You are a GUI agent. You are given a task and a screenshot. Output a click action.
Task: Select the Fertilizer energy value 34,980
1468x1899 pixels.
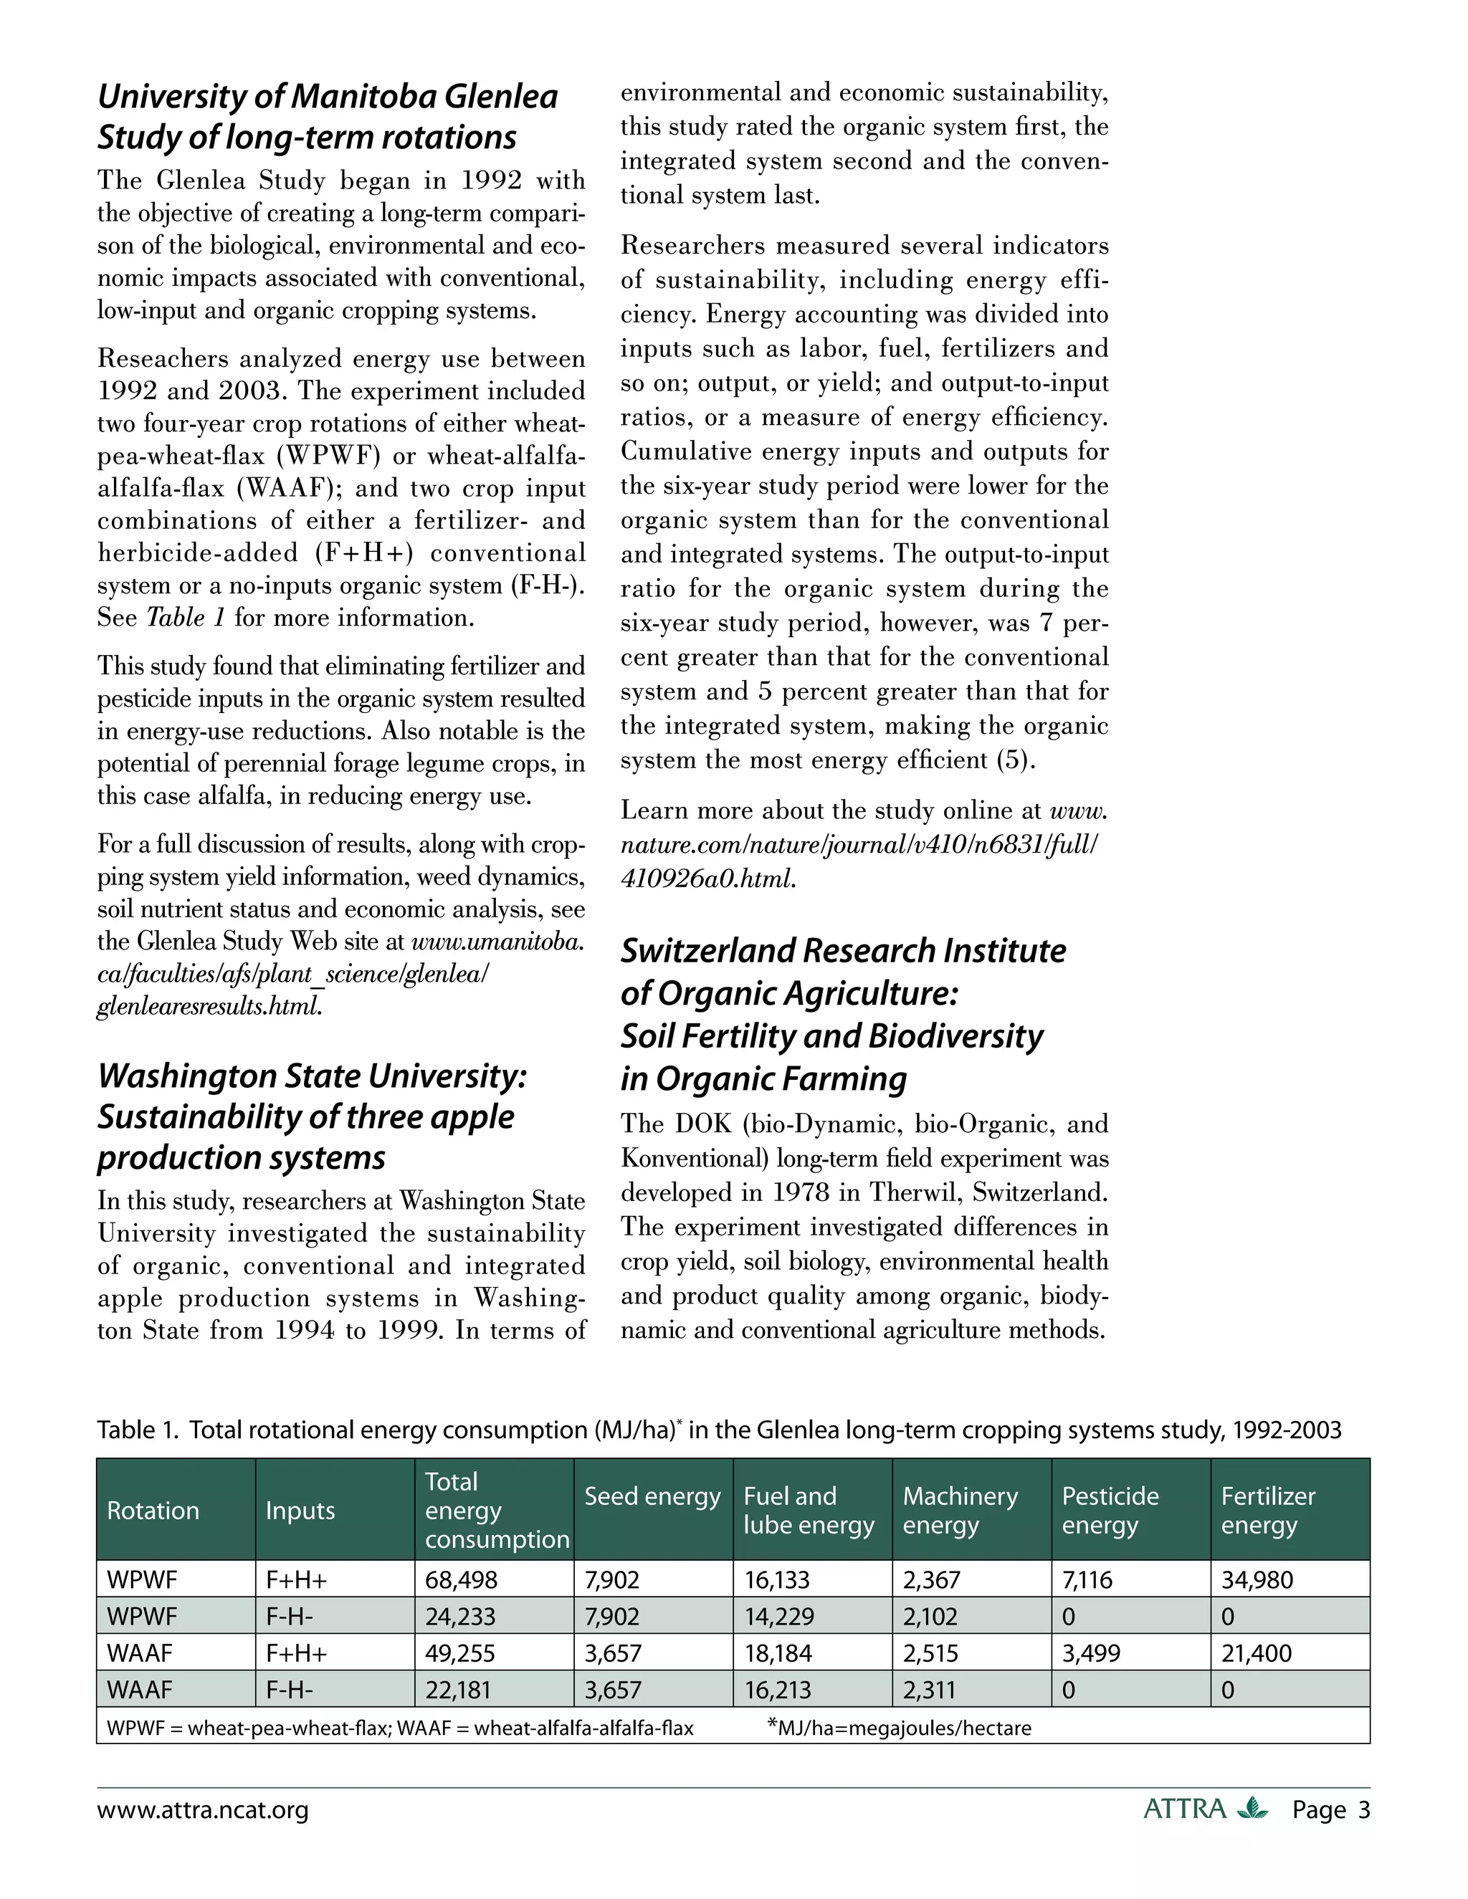(1257, 1580)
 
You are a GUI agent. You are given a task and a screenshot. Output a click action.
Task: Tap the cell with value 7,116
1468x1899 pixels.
(1087, 1580)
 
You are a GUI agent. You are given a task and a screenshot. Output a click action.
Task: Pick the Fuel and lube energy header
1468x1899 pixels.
(809, 1511)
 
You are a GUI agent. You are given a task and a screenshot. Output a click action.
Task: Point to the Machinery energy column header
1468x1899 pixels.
(960, 1511)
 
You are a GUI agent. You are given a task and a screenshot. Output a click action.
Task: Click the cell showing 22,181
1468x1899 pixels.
(457, 1690)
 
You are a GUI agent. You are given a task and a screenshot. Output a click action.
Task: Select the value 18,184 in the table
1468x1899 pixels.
(779, 1653)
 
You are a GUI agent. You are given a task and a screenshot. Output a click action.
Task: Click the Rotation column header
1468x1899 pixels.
(153, 1511)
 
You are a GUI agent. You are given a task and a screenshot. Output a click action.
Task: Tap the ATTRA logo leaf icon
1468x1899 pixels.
(1252, 1809)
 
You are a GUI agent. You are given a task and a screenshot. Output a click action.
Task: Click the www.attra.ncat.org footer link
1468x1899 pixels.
(203, 1810)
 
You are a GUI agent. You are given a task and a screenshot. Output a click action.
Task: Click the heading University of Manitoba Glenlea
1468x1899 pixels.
(327, 97)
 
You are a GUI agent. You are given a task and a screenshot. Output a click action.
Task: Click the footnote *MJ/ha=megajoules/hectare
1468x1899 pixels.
(900, 1728)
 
